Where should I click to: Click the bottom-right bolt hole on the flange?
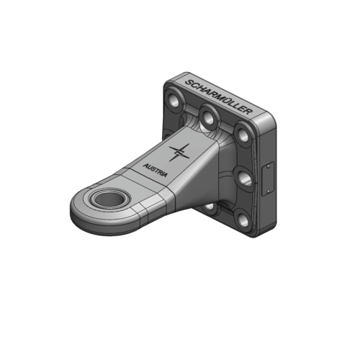tap(244, 220)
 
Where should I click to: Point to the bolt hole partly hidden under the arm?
tap(210, 207)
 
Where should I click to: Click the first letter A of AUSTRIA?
tap(145, 165)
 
